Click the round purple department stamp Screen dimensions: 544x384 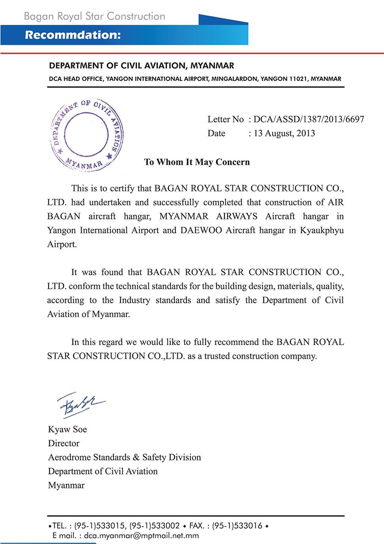click(86, 135)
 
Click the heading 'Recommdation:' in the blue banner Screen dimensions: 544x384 click(73, 35)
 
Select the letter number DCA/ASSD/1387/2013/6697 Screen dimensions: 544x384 click(309, 119)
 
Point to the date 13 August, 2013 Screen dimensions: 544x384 click(284, 133)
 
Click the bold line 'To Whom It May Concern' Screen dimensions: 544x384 click(197, 162)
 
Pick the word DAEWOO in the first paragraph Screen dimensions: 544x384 click(201, 230)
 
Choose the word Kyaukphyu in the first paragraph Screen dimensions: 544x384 click(321, 230)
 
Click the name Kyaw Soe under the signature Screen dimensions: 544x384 click(67, 430)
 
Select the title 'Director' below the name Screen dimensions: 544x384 click(64, 443)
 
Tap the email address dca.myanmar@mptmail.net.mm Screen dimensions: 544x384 click(141, 536)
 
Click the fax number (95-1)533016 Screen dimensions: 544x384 click(237, 526)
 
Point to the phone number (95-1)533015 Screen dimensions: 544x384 click(99, 526)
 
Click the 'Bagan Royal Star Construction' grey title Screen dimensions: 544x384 click(95, 16)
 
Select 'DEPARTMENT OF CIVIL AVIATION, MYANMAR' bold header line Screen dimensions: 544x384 click(141, 66)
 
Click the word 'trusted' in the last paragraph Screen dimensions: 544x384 click(217, 356)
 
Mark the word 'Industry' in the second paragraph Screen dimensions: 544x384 click(134, 300)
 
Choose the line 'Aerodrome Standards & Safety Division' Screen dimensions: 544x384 click(124, 457)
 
